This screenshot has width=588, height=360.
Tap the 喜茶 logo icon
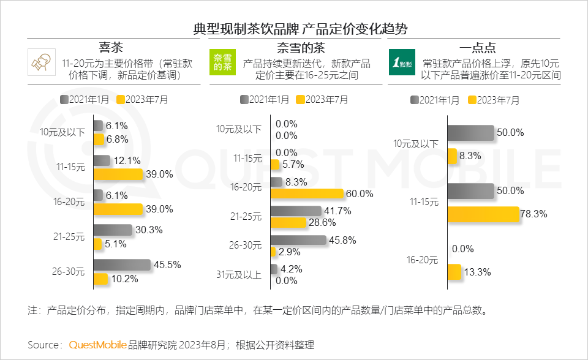[x=42, y=62]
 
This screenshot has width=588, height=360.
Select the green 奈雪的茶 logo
[x=222, y=62]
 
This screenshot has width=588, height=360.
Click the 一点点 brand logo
[x=402, y=62]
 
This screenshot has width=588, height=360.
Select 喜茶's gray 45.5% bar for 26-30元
[x=121, y=264]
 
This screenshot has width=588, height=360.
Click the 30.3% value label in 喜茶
[x=148, y=230]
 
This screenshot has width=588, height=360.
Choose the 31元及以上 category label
[x=239, y=275]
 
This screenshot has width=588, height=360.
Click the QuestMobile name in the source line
[x=97, y=345]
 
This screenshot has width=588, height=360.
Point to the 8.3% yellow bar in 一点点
[x=452, y=156]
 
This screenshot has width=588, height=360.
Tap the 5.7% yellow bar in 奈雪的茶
[x=274, y=164]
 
